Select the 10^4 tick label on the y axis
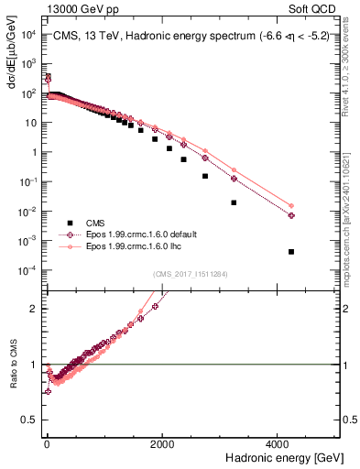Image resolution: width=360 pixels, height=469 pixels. [27, 35]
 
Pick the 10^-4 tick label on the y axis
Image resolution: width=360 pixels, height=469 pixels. [27, 270]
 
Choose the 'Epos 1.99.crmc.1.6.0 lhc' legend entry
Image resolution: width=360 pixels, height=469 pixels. [129, 246]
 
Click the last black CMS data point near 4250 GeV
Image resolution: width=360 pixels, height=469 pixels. [291, 252]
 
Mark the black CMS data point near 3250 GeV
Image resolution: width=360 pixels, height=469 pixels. [234, 202]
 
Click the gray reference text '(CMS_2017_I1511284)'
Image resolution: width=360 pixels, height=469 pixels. [191, 272]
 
